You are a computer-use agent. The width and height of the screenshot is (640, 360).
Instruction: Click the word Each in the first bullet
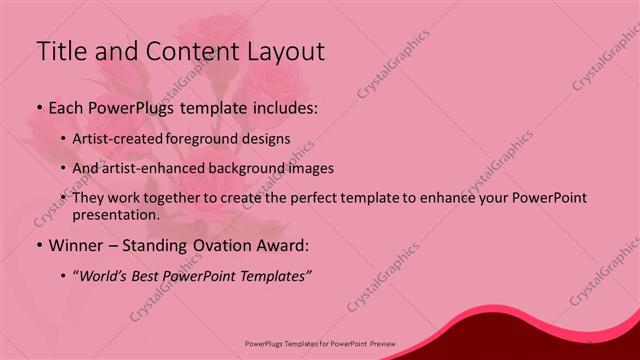66,106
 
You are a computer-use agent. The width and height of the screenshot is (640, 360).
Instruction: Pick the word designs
269,139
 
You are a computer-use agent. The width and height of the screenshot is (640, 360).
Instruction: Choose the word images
311,169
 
